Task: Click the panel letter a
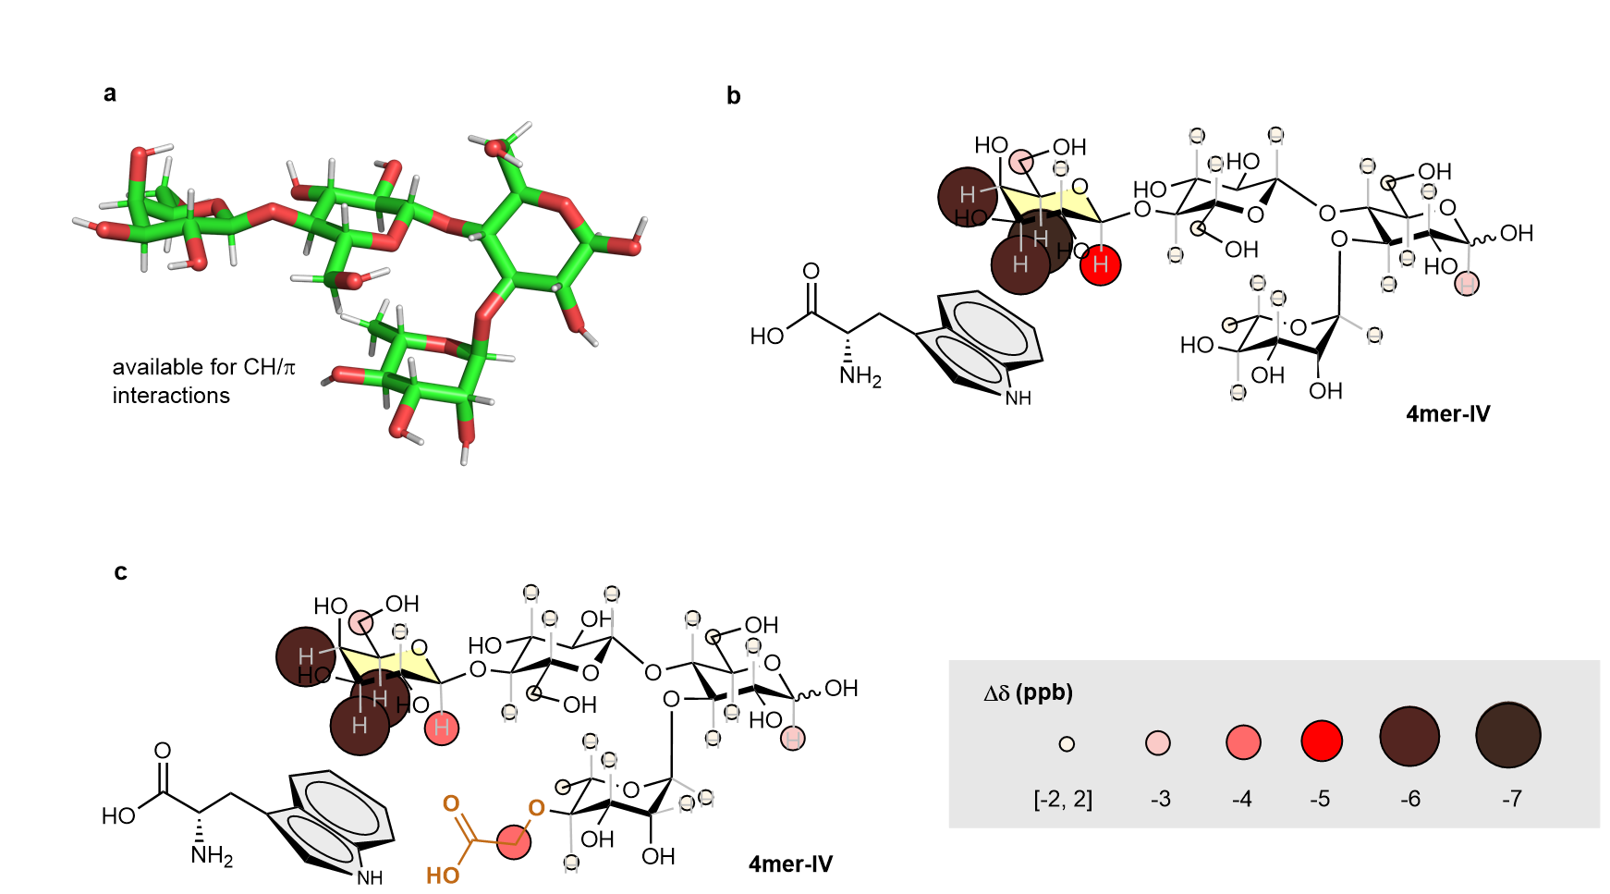(110, 93)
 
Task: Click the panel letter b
(733, 96)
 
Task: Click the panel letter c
(120, 572)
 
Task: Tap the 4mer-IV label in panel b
(1447, 414)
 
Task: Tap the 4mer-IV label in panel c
(790, 864)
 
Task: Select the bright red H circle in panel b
(1100, 265)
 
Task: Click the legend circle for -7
(1507, 736)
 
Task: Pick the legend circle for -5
(1322, 741)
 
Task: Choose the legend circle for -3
(1157, 742)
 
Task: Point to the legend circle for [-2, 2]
(1067, 743)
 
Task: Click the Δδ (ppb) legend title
(1028, 693)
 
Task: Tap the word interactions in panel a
(171, 396)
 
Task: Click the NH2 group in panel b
(860, 377)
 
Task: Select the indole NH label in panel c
(370, 877)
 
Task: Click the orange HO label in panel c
(443, 875)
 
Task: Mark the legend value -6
(1409, 799)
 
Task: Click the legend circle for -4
(1243, 742)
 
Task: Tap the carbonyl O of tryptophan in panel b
(811, 271)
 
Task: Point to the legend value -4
(1241, 799)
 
